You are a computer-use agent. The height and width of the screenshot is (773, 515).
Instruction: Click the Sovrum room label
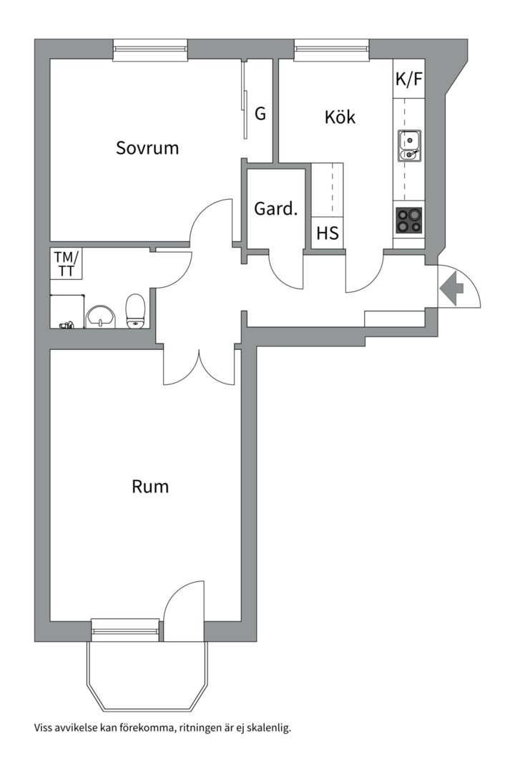[x=147, y=148]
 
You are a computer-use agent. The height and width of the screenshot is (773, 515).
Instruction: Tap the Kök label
[x=340, y=117]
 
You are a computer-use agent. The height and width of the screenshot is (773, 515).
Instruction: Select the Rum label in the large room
[x=150, y=487]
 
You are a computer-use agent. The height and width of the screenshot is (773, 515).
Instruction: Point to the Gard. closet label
[x=275, y=210]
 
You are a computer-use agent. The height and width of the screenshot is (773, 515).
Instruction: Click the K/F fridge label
[x=409, y=79]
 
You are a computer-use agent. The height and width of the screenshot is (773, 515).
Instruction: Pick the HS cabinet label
[x=328, y=234]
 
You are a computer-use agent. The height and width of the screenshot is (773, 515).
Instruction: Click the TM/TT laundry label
[x=66, y=263]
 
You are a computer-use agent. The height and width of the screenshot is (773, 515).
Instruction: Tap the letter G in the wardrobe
[x=260, y=113]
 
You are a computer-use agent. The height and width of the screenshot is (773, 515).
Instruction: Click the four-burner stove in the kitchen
[x=409, y=220]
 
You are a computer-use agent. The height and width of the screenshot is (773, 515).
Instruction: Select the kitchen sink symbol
[x=409, y=145]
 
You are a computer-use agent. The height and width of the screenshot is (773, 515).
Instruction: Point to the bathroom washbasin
[x=101, y=316]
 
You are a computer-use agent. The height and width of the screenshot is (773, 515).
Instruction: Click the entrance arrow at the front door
[x=452, y=289]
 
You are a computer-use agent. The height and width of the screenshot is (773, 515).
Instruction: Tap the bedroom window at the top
[x=151, y=49]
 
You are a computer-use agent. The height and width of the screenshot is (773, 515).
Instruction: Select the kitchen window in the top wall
[x=332, y=49]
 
